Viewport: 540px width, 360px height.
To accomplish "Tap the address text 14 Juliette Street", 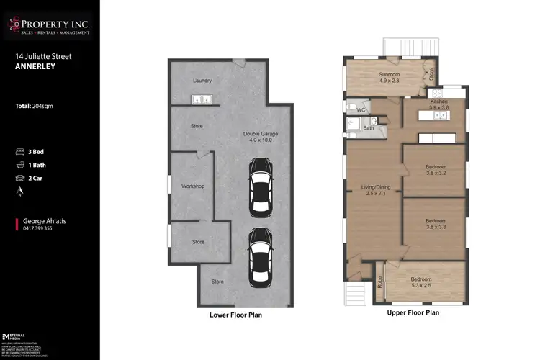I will coord(44,55).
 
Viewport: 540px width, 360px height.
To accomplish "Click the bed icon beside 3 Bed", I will coord(21,152).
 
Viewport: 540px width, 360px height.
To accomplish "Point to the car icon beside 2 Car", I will coord(21,177).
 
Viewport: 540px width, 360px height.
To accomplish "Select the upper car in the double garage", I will coord(260,186).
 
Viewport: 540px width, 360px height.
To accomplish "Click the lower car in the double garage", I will coord(260,256).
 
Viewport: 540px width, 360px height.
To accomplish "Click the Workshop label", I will coord(193,186).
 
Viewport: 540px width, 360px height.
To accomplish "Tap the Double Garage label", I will coord(260,137).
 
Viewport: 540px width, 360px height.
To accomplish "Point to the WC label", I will coord(361,110).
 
